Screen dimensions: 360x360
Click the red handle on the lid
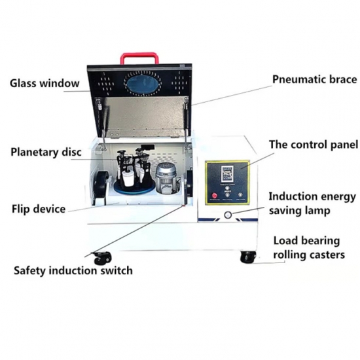click(139, 55)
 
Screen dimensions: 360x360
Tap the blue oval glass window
click(142, 82)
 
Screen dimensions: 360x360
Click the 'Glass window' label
click(45, 83)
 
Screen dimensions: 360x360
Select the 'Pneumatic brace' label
click(315, 80)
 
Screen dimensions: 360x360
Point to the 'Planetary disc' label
click(46, 152)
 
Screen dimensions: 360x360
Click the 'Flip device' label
click(39, 209)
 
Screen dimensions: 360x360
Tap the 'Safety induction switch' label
click(73, 270)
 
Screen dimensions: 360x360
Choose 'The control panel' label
click(314, 145)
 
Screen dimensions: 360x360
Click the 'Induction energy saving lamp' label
click(312, 204)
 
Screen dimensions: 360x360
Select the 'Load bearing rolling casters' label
click(309, 248)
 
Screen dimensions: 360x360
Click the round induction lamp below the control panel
click(228, 215)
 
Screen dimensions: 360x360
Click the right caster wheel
click(248, 257)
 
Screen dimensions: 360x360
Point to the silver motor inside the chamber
click(166, 177)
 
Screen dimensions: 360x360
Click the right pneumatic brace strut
click(187, 123)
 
